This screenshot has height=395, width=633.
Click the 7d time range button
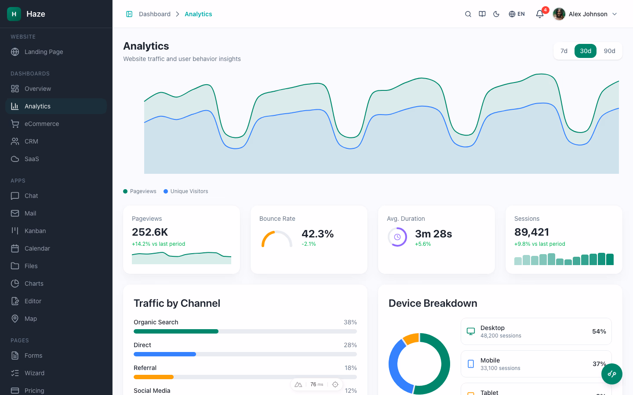click(564, 51)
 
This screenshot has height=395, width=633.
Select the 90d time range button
click(609, 51)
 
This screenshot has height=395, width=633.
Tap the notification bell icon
click(540, 14)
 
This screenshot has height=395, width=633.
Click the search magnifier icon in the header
click(468, 14)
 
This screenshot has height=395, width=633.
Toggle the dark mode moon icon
click(496, 14)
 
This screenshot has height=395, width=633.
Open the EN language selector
click(517, 14)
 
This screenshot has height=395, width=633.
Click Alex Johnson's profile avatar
click(559, 14)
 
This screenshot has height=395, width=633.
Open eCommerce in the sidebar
click(42, 124)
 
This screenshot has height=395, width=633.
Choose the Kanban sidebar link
click(35, 231)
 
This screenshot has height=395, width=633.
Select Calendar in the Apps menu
click(37, 248)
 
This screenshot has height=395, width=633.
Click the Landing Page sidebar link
click(44, 52)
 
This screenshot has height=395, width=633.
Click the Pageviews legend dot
click(125, 191)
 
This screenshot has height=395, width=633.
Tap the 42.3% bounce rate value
click(317, 234)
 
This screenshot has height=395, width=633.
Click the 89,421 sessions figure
click(531, 232)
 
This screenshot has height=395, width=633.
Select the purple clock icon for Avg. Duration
click(397, 237)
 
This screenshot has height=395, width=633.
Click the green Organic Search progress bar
click(176, 331)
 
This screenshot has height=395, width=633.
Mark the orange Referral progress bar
click(153, 377)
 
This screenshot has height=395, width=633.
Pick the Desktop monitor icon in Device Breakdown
click(471, 331)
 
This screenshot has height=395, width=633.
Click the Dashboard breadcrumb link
click(154, 14)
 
